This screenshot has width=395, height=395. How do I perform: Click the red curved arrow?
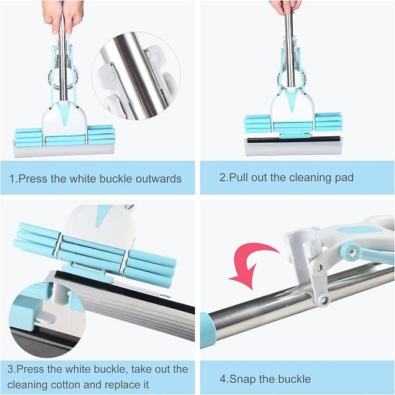coord(251,266)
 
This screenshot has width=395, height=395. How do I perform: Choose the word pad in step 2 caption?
coord(342,177)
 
